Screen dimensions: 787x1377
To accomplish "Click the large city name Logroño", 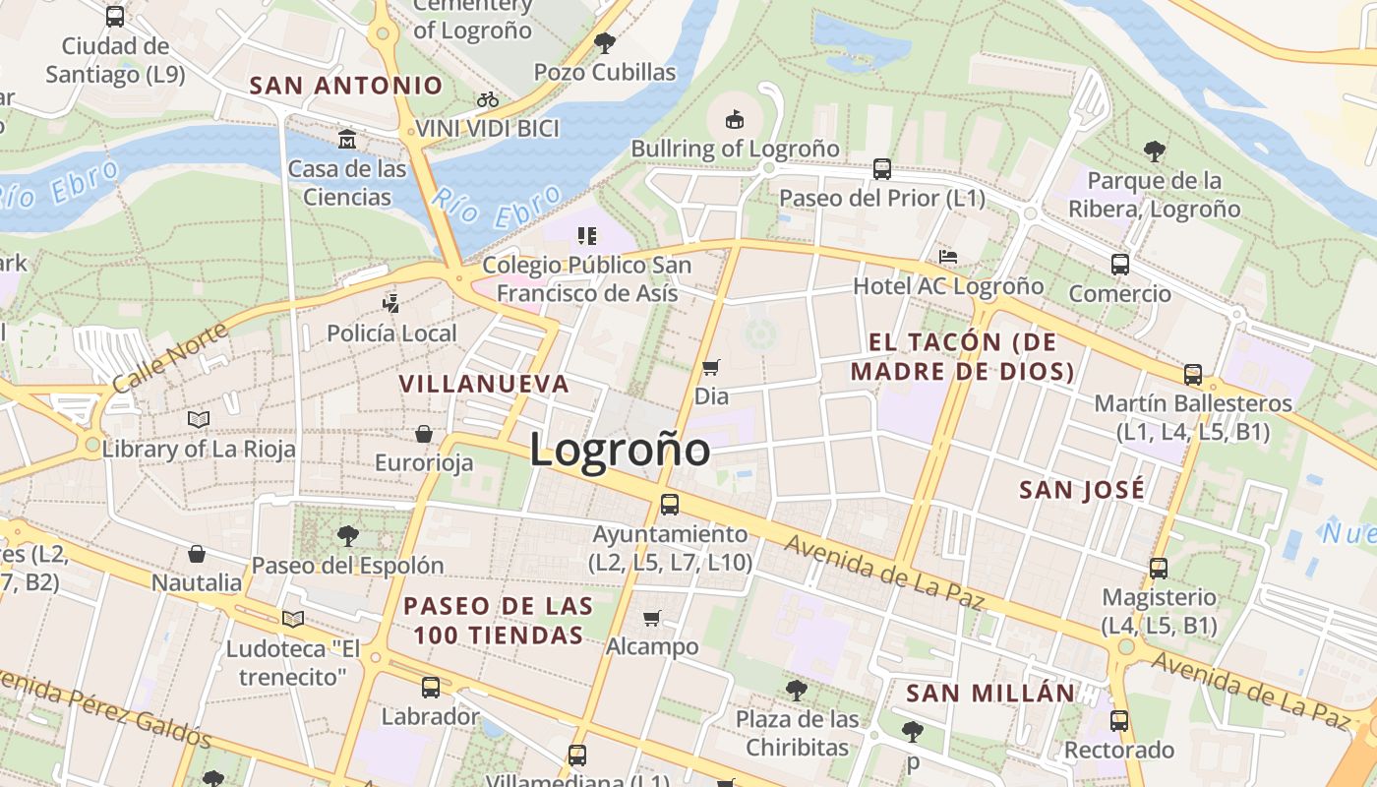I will click(620, 451).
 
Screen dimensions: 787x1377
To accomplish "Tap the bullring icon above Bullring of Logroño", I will click(734, 120).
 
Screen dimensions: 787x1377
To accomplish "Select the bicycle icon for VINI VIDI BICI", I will click(487, 99).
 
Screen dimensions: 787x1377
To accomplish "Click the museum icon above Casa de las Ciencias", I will click(346, 140).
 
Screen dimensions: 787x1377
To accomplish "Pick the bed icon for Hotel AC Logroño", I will click(947, 257).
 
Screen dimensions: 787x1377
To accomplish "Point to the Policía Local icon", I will click(391, 303).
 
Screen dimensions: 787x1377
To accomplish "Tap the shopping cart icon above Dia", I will click(710, 368).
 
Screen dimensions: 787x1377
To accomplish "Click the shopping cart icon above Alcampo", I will click(651, 618).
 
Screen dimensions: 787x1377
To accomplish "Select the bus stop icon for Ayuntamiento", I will click(670, 505).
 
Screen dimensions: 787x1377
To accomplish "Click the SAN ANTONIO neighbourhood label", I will click(346, 86).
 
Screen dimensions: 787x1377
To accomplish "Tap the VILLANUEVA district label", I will click(484, 384).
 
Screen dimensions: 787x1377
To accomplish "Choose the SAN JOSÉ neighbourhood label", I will click(1082, 490).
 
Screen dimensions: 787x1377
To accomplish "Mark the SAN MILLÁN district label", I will click(990, 693).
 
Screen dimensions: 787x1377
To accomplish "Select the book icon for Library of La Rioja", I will click(199, 420).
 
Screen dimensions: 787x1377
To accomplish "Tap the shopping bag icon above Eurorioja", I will click(424, 434).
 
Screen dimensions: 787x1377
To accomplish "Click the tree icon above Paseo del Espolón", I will click(347, 536).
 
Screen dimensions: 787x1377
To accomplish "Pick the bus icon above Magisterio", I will click(1159, 568).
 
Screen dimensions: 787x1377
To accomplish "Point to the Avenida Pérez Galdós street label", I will click(103, 705).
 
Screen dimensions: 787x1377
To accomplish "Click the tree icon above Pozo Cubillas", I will click(605, 42).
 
